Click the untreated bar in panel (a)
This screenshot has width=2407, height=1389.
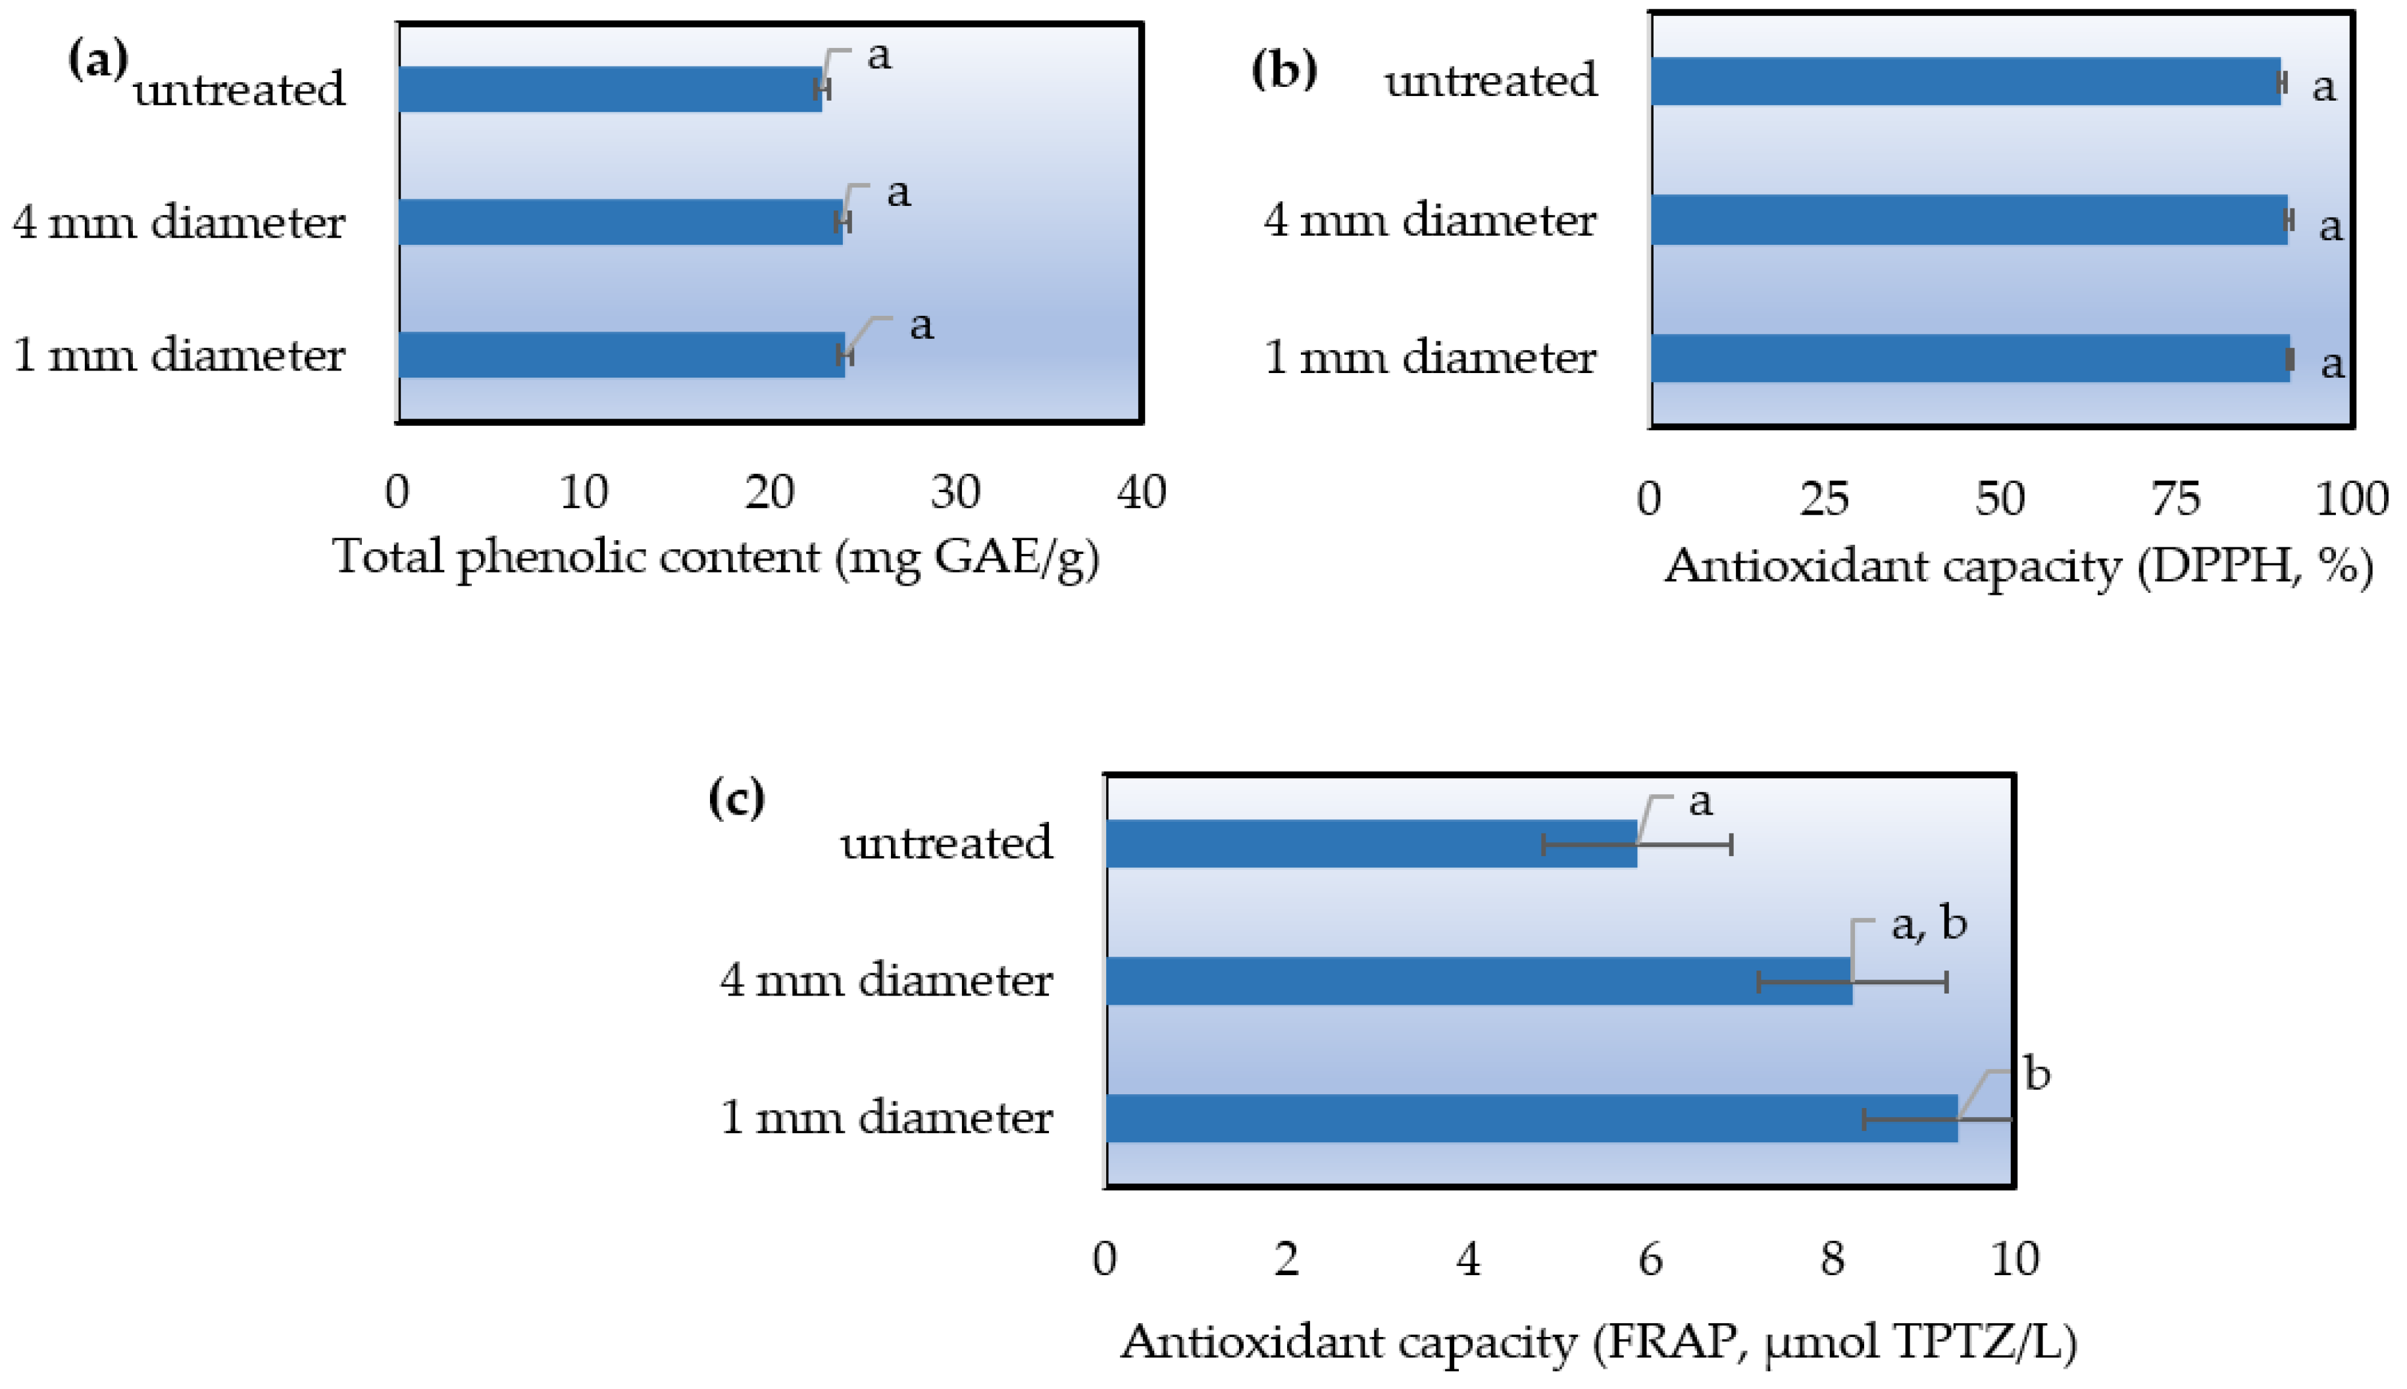click(x=611, y=89)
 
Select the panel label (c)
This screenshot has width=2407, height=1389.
click(x=736, y=797)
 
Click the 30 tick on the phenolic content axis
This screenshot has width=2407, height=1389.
click(x=955, y=492)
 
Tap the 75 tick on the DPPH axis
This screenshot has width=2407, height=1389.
click(x=2175, y=498)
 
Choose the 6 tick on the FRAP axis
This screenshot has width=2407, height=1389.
click(x=1650, y=1259)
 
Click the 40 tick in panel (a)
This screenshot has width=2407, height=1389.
click(x=1141, y=492)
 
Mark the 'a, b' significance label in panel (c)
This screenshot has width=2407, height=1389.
click(x=1928, y=923)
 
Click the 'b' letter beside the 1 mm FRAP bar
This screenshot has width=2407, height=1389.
click(x=2037, y=1074)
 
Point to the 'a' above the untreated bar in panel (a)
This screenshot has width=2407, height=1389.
click(x=878, y=55)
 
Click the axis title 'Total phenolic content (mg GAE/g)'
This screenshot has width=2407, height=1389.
click(x=715, y=557)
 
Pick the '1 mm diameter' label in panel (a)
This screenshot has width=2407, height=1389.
click(x=178, y=355)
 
